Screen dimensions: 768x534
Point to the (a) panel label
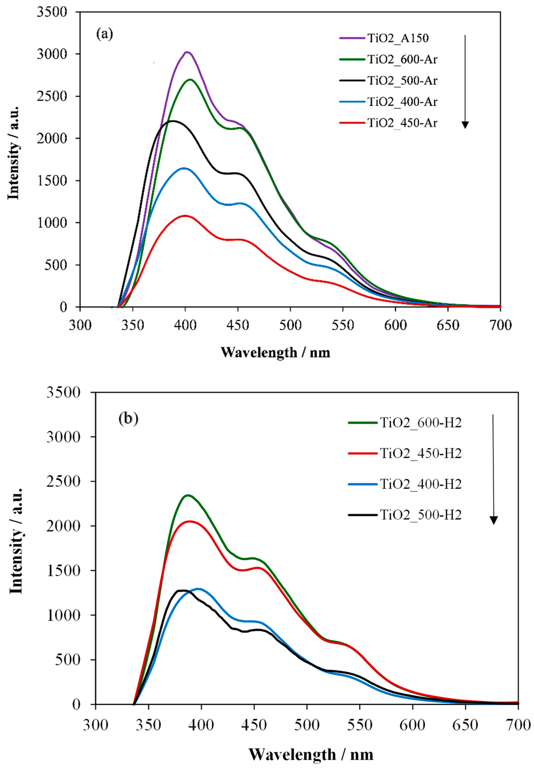point(105,34)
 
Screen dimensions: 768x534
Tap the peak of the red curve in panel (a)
point(185,216)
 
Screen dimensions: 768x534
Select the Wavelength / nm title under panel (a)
point(275,353)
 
